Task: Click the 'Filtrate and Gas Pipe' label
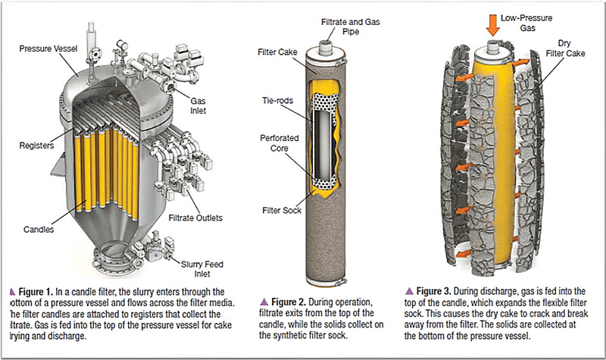[x=334, y=27]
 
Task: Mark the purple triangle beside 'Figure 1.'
[x=11, y=291]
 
